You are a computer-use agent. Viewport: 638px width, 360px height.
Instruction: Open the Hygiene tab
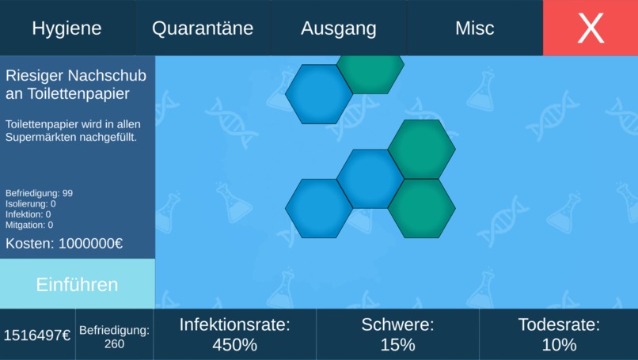pyautogui.click(x=67, y=28)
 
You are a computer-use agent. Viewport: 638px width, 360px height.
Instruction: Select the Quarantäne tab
pyautogui.click(x=203, y=28)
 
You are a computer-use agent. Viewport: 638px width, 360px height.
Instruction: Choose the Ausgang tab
pyautogui.click(x=338, y=28)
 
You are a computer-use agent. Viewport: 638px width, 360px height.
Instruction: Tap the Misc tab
pyautogui.click(x=474, y=28)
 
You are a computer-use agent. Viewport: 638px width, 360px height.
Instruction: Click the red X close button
pyautogui.click(x=591, y=28)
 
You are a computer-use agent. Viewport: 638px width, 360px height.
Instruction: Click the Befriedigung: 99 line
pyautogui.click(x=40, y=193)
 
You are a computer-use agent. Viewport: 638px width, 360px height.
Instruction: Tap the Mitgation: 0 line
pyautogui.click(x=29, y=225)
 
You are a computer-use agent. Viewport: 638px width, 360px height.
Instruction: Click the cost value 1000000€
pyautogui.click(x=90, y=244)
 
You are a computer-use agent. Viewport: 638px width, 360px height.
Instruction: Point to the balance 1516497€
pyautogui.click(x=36, y=335)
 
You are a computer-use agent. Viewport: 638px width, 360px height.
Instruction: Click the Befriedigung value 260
pyautogui.click(x=114, y=344)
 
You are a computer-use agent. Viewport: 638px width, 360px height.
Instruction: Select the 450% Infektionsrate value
pyautogui.click(x=234, y=345)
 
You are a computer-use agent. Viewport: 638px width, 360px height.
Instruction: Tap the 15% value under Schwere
pyautogui.click(x=397, y=345)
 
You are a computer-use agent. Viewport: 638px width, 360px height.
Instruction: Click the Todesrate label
pyautogui.click(x=559, y=324)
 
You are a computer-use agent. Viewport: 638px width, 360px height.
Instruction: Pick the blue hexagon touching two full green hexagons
pyautogui.click(x=370, y=179)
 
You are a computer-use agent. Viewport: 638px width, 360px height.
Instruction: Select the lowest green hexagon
pyautogui.click(x=421, y=209)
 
